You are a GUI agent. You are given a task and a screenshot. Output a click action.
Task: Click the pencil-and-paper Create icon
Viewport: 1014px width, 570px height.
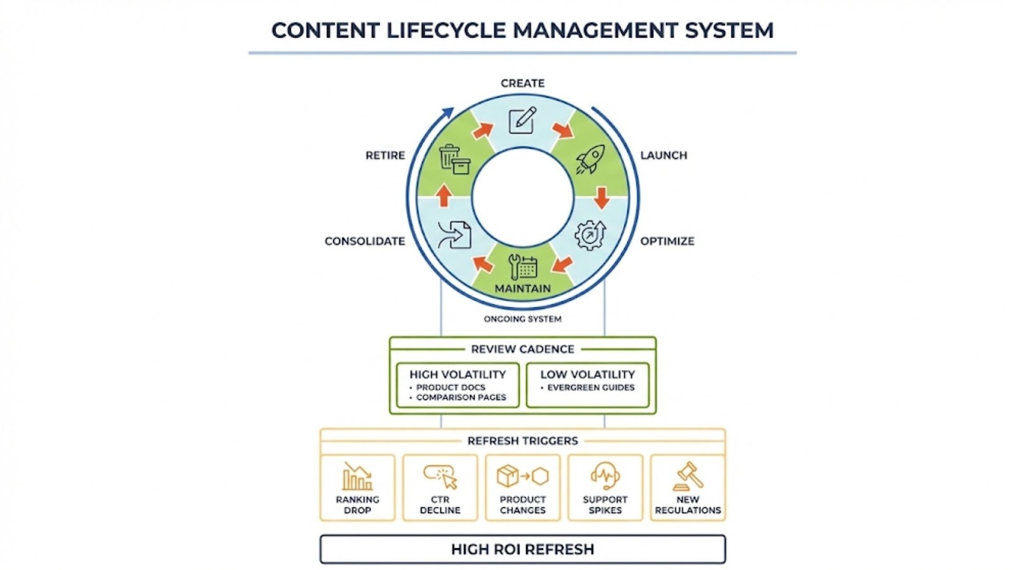click(x=522, y=120)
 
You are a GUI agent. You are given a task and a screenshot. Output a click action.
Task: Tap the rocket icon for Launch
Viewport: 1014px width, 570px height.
click(x=590, y=159)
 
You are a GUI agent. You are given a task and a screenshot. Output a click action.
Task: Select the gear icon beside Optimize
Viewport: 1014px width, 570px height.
click(x=590, y=235)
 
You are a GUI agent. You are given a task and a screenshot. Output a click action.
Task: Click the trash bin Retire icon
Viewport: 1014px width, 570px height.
click(x=454, y=159)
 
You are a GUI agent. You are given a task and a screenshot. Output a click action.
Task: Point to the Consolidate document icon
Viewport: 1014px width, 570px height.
click(x=454, y=234)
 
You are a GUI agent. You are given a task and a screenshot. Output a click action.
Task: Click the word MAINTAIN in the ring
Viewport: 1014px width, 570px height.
click(x=522, y=289)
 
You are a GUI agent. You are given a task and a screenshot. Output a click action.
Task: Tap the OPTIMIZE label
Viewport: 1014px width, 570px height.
click(x=667, y=241)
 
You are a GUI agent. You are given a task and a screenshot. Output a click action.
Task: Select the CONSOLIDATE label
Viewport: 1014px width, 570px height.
click(x=364, y=241)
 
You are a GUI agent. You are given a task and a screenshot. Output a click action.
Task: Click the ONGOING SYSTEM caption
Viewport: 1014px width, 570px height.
click(x=522, y=319)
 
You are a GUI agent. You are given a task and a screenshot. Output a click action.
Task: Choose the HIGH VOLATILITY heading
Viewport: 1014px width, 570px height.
click(x=458, y=374)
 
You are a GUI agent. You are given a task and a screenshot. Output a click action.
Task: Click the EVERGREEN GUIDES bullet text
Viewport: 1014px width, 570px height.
click(x=591, y=388)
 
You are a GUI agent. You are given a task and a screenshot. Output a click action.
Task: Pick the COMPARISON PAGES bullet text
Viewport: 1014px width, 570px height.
click(x=461, y=398)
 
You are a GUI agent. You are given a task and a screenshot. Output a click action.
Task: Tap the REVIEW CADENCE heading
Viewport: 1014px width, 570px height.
click(x=522, y=349)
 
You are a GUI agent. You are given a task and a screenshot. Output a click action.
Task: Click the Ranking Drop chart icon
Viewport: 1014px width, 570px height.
click(x=357, y=476)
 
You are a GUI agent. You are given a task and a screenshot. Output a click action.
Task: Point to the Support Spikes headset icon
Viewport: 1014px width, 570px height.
click(x=605, y=476)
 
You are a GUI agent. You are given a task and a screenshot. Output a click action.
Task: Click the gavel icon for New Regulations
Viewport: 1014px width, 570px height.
click(x=688, y=476)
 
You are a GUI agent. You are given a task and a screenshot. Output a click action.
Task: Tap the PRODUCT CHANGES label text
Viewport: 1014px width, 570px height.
click(x=522, y=505)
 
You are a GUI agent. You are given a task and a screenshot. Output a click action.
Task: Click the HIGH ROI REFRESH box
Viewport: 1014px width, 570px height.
click(x=522, y=549)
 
